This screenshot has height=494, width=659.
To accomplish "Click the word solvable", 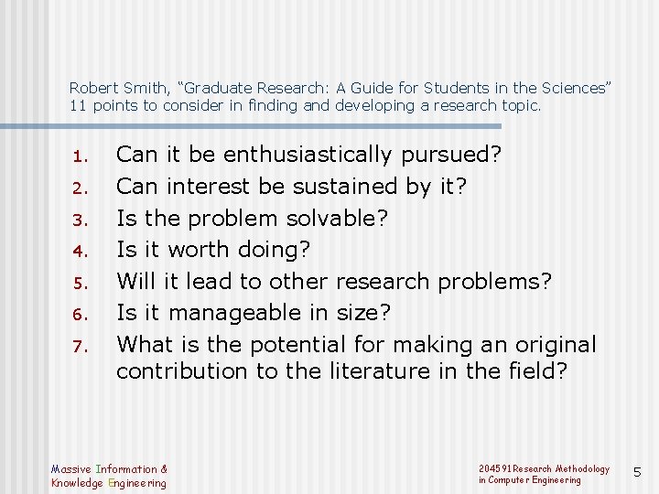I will [x=338, y=218].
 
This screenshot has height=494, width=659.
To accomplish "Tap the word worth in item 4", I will [x=199, y=249].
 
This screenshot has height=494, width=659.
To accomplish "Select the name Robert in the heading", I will [x=92, y=89].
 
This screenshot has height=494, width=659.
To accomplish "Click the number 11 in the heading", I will [x=77, y=105].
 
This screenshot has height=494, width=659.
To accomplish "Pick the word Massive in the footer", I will [x=71, y=469].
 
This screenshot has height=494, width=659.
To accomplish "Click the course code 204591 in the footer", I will [x=494, y=468].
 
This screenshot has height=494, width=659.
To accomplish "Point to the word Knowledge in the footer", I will [x=77, y=482].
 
